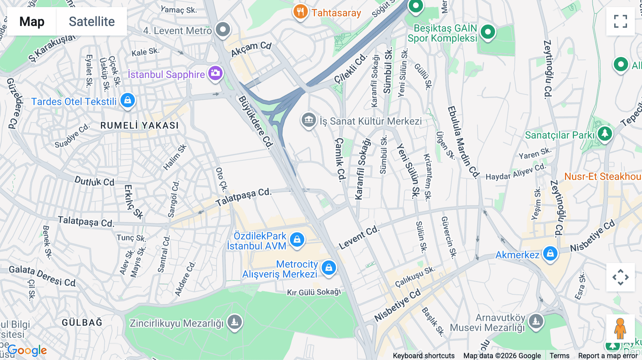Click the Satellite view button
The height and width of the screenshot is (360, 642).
pyautogui.click(x=92, y=21)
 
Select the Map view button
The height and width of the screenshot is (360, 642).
pyautogui.click(x=32, y=21)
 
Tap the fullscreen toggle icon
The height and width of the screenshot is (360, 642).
pyautogui.click(x=620, y=21)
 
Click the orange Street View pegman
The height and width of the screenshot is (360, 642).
pyautogui.click(x=620, y=328)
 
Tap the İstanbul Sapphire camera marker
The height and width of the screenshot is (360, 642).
pyautogui.click(x=215, y=73)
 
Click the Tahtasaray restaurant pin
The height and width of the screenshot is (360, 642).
pyautogui.click(x=300, y=12)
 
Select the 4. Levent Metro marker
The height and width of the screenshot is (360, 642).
pyautogui.click(x=223, y=29)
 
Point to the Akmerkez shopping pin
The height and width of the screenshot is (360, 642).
pyautogui.click(x=550, y=253)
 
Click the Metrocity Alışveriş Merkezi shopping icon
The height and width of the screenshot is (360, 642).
pyautogui.click(x=328, y=267)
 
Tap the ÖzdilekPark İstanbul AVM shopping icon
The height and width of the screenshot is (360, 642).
pyautogui.click(x=297, y=239)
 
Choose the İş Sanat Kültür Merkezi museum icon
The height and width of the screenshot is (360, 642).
pyautogui.click(x=309, y=120)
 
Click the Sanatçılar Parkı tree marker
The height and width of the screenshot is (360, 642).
pyautogui.click(x=605, y=134)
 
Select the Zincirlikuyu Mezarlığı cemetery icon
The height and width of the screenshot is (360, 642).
pyautogui.click(x=234, y=322)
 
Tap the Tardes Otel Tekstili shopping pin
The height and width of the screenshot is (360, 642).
pyautogui.click(x=127, y=100)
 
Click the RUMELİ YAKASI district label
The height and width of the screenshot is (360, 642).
pyautogui.click(x=139, y=125)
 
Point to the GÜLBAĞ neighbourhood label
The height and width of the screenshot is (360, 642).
pyautogui.click(x=82, y=323)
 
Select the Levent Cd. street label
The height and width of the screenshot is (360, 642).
pyautogui.click(x=358, y=237)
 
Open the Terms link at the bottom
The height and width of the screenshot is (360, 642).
pyautogui.click(x=559, y=355)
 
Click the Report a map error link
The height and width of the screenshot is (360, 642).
pyautogui.click(x=608, y=355)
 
